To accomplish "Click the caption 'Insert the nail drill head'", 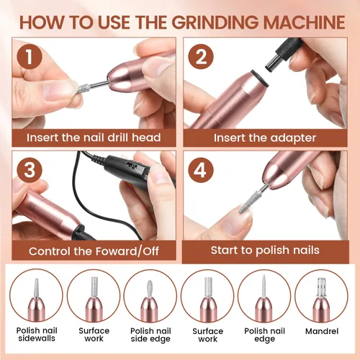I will (x=94, y=137).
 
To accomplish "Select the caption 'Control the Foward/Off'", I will (x=94, y=251).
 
